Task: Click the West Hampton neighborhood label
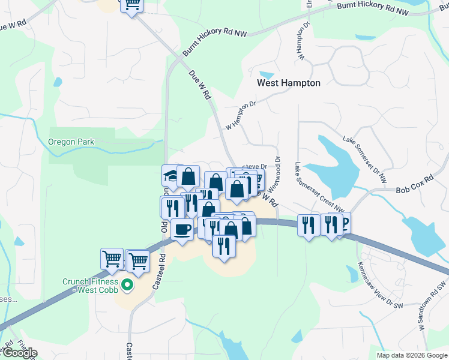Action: tap(289, 83)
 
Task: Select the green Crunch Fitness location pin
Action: tap(127, 284)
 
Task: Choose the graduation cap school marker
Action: tap(172, 177)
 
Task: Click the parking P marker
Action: tap(345, 223)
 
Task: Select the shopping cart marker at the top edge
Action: tap(132, 5)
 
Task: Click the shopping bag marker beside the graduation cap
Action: tap(188, 177)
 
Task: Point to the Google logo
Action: tap(19, 353)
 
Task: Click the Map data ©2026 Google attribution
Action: tap(412, 355)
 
